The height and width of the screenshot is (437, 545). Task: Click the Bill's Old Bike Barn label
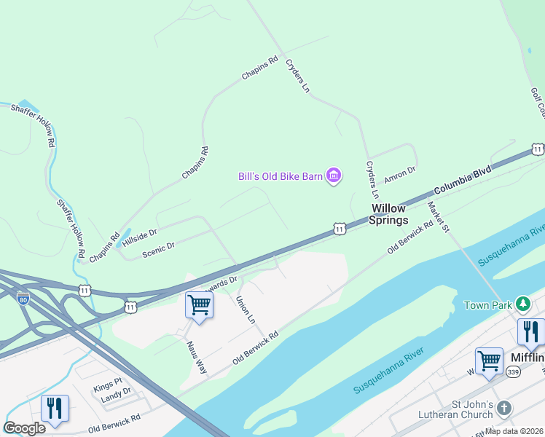pos(281,176)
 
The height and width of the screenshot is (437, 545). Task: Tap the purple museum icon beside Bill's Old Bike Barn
pos(334,176)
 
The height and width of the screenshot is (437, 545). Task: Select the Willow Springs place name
pos(387,214)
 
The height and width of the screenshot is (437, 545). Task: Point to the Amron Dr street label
pos(399,173)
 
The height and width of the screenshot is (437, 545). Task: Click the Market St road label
pos(439,217)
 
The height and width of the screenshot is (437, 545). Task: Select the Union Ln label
pos(246,310)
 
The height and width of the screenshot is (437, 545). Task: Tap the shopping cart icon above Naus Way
pos(199,305)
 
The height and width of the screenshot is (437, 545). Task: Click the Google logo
pos(25,428)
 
